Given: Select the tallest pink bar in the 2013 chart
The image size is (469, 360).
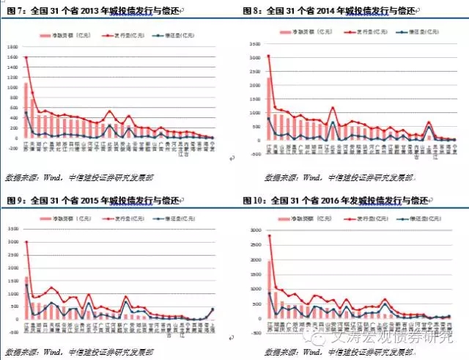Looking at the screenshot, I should coord(27,110).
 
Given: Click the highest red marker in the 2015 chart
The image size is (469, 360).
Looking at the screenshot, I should coord(27,242).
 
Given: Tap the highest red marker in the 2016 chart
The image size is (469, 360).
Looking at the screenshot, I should coord(269,236).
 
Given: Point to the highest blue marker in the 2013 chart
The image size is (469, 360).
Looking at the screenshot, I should coord(27,112).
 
